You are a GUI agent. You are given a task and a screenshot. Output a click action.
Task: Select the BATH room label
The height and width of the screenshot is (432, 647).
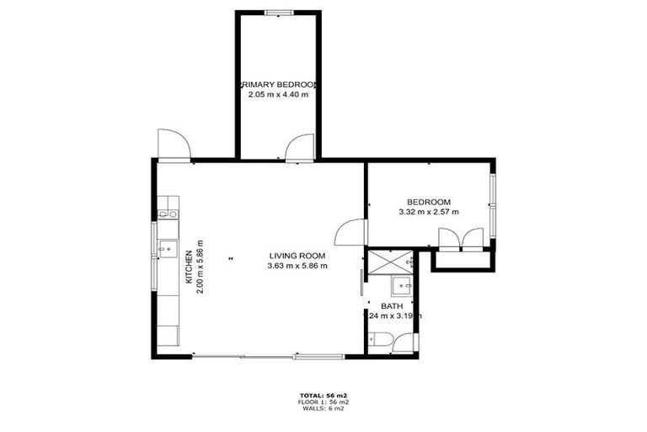[392, 306]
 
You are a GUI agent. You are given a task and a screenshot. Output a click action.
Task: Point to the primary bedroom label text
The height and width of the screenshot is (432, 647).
[279, 85]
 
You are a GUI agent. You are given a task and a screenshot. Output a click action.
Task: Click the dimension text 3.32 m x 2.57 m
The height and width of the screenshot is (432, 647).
[429, 212]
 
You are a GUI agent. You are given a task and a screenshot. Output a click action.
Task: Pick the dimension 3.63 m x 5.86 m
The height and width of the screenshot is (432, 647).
[297, 266]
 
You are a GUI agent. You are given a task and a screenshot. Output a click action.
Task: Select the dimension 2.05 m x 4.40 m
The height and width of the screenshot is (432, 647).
[278, 94]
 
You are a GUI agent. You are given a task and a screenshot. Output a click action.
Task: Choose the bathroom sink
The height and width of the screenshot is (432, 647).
[402, 283]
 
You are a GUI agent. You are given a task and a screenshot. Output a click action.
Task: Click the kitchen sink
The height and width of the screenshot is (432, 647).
[168, 249]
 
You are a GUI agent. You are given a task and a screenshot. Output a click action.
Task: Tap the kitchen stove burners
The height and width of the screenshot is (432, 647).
[167, 208]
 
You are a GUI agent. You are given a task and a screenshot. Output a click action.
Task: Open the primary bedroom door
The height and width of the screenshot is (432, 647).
[297, 148]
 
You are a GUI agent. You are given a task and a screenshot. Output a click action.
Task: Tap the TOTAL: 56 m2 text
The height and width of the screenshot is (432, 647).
[323, 395]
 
